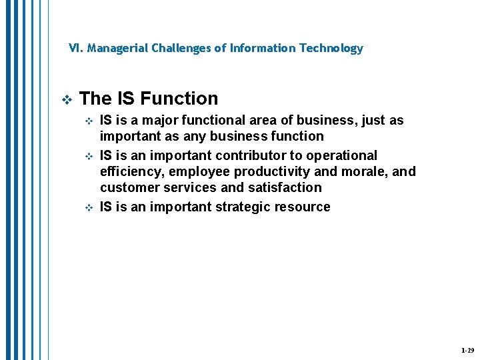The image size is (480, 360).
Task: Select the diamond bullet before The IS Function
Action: click(x=65, y=99)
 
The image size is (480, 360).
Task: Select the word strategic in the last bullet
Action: click(x=245, y=207)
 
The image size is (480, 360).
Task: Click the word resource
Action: click(x=304, y=207)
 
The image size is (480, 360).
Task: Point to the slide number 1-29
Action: click(x=467, y=350)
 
